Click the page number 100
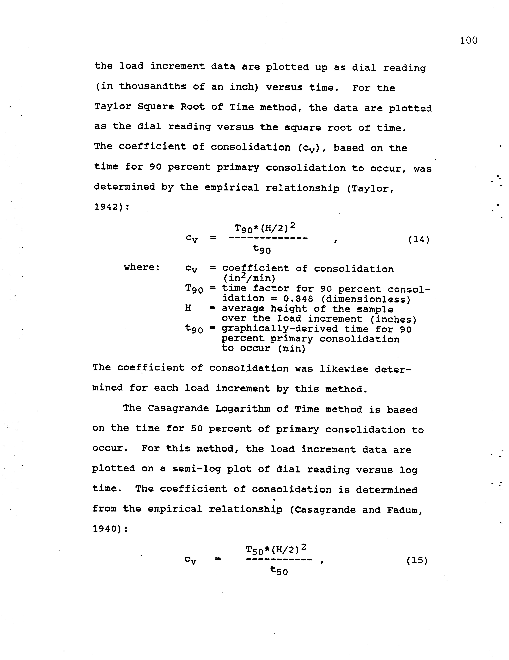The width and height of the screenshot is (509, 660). click(x=469, y=40)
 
